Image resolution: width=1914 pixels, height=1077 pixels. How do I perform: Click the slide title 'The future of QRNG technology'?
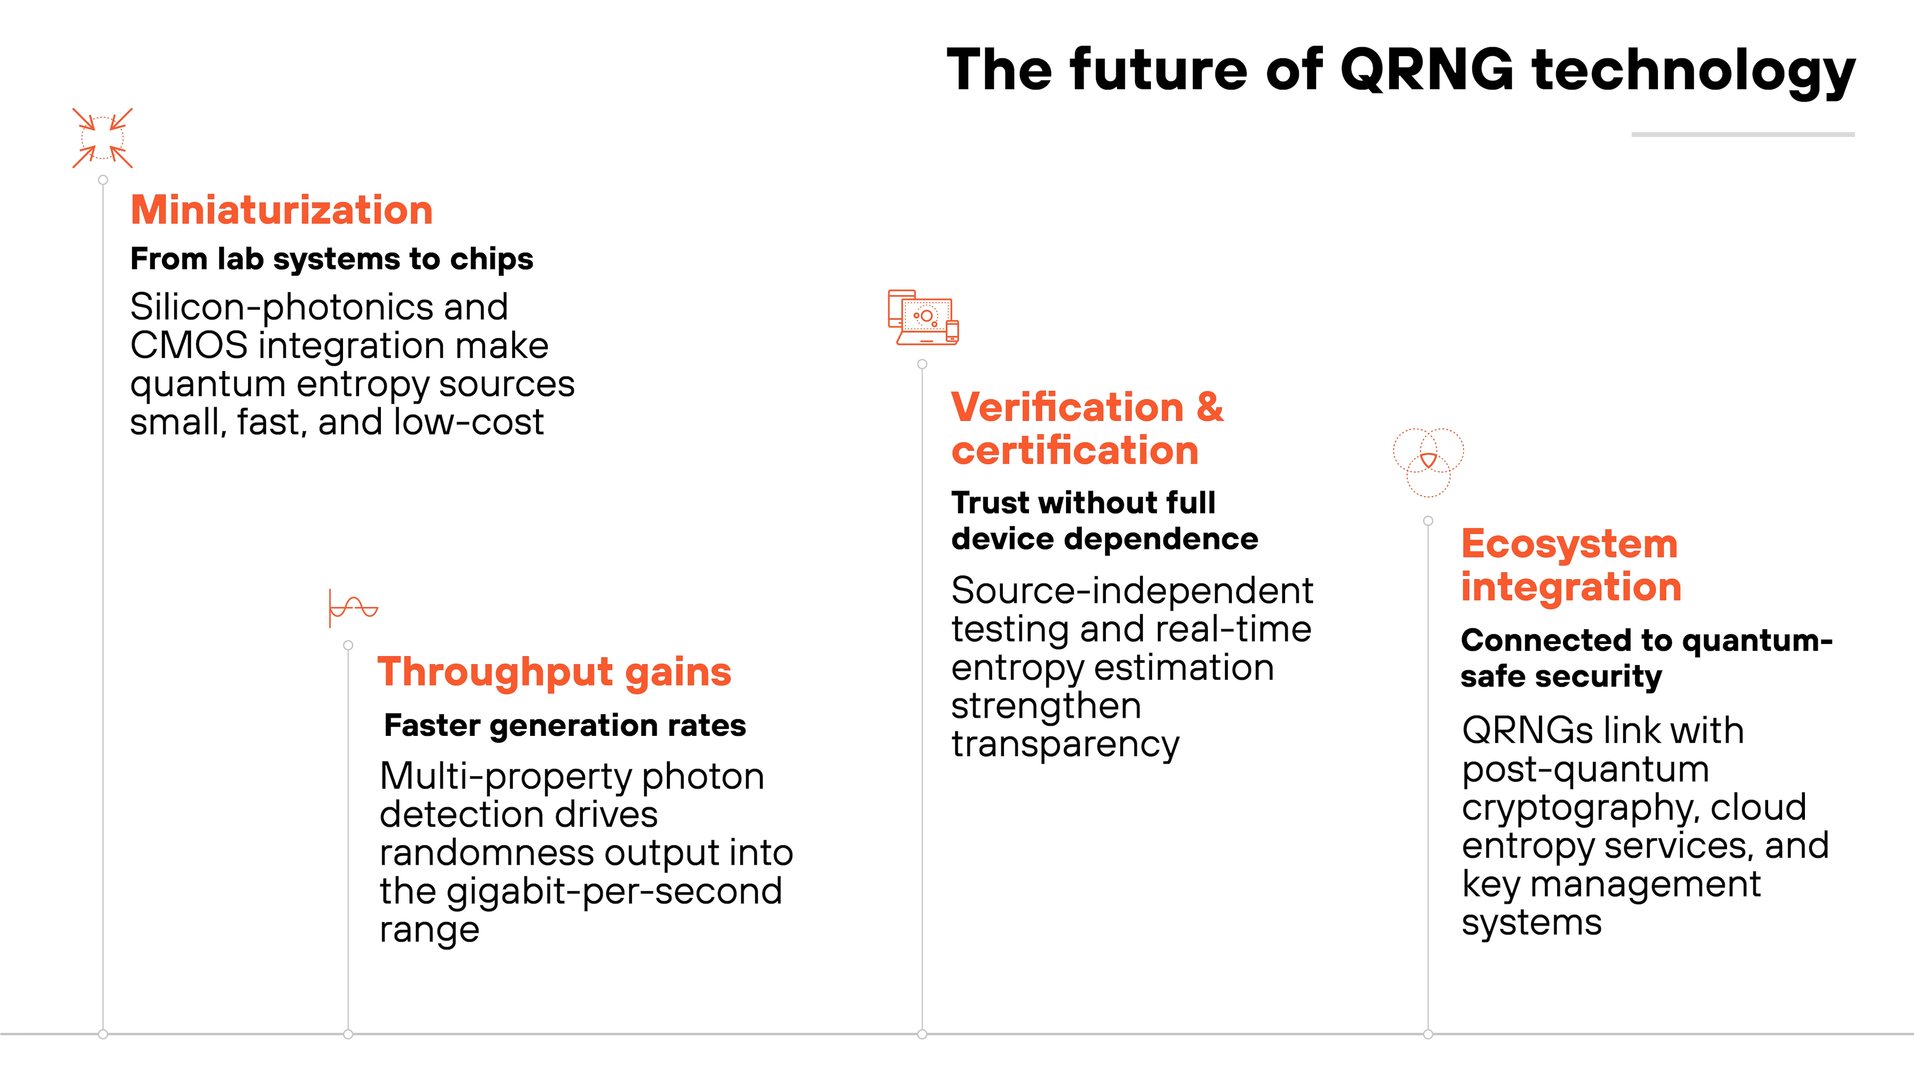1401,70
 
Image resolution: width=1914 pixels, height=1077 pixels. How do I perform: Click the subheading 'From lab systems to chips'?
332,259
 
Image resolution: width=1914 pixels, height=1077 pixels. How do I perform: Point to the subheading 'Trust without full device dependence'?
1104,520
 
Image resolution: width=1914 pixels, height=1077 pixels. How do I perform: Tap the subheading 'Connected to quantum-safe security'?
1646,658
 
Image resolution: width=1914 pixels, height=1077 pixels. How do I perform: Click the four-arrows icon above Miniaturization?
103,138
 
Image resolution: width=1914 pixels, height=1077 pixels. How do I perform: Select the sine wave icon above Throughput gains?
354,608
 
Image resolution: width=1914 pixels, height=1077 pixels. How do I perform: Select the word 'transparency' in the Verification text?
1065,744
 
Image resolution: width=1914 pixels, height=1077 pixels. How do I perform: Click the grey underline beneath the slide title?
1743,134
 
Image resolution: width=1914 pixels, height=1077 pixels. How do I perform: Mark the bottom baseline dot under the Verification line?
922,1034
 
